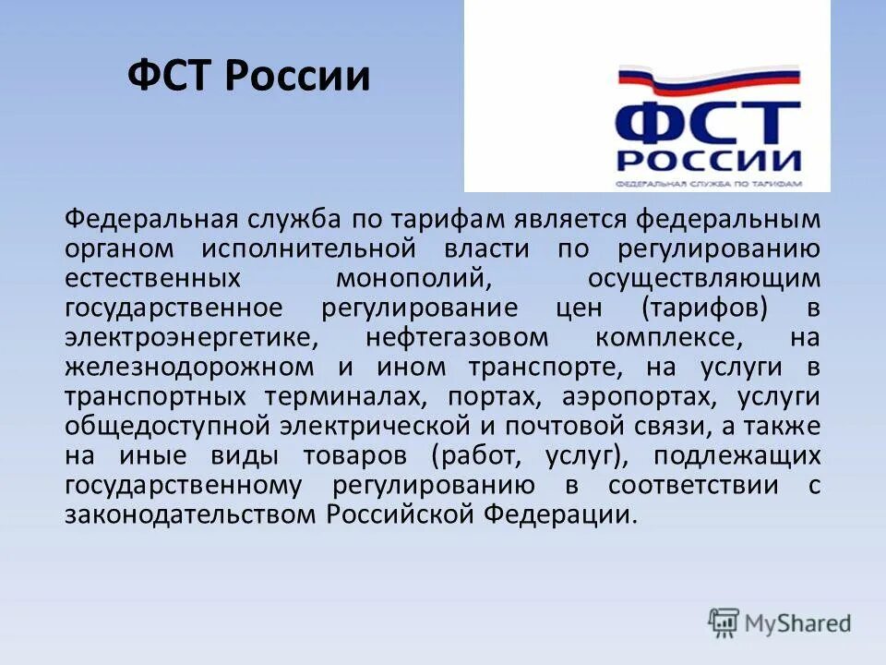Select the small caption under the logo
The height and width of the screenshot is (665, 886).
[x=708, y=183]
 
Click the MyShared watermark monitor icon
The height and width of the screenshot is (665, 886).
[x=724, y=622]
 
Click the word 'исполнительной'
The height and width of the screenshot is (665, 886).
[x=305, y=248]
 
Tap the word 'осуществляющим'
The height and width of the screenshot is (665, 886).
[x=702, y=278]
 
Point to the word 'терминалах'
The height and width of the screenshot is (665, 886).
[x=350, y=396]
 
